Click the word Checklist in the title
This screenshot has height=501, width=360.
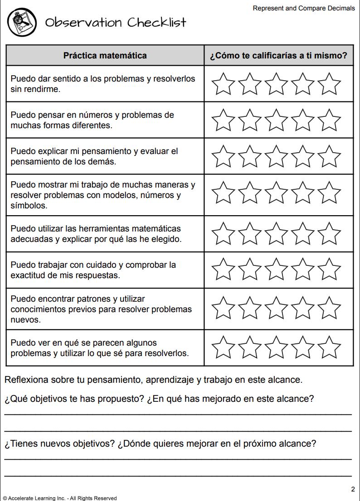(156, 23)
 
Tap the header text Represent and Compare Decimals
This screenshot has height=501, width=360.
(304, 8)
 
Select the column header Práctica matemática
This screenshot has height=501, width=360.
(105, 56)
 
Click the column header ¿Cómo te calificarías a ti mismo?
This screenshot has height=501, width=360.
(278, 56)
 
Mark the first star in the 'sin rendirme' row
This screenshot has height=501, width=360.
(223, 84)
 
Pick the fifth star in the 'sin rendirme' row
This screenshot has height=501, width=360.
(329, 84)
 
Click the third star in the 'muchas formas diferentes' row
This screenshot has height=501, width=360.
(276, 120)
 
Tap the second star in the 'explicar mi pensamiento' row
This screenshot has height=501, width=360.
(249, 156)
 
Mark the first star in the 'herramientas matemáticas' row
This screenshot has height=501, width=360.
(223, 234)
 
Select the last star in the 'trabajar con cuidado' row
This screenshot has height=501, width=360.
(329, 270)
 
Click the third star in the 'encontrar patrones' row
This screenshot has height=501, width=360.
(276, 309)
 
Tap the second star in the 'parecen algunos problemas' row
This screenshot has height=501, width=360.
(249, 347)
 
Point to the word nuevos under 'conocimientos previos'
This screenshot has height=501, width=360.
(25, 320)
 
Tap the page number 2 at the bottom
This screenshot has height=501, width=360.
(353, 489)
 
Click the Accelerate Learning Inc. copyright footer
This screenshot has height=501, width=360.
(59, 498)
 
